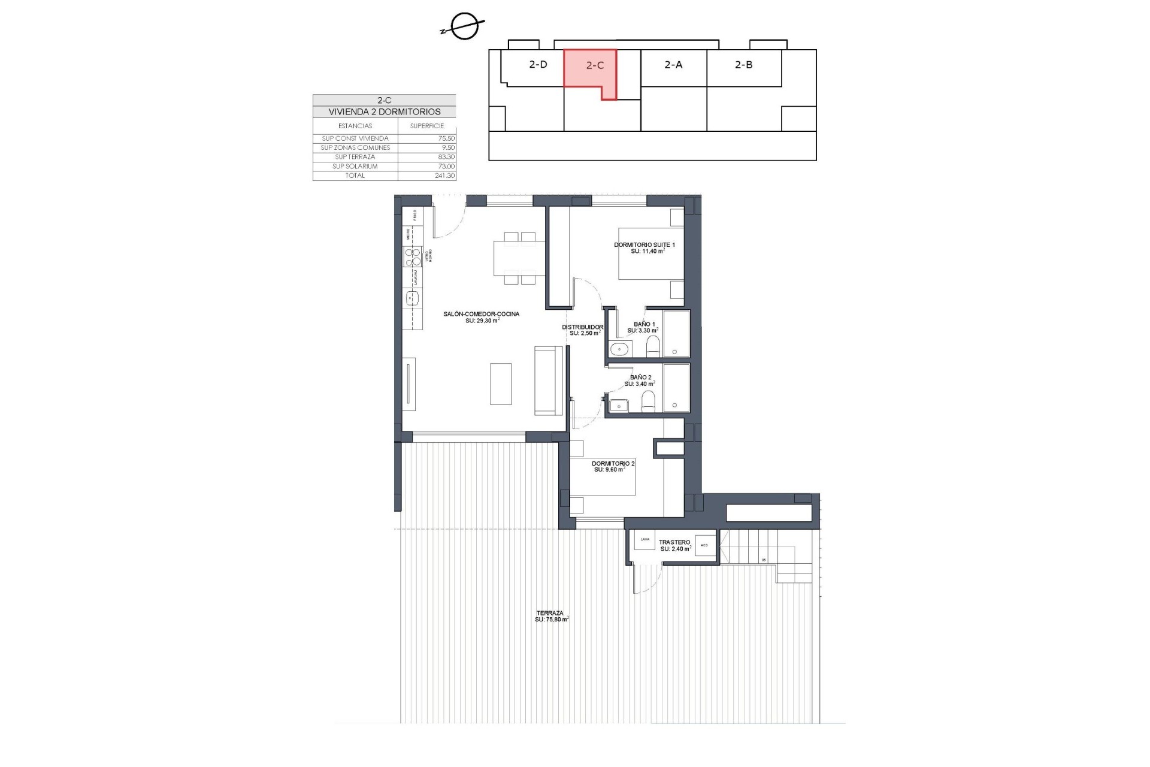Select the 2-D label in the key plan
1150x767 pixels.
click(538, 64)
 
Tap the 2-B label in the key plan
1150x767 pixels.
click(743, 64)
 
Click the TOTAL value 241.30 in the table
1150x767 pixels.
click(444, 176)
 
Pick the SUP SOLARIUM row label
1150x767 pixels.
click(355, 166)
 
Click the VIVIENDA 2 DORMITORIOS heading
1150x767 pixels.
click(384, 111)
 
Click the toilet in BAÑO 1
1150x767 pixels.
click(653, 346)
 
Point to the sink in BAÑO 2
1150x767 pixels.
click(618, 406)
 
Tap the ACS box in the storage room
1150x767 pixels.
click(704, 545)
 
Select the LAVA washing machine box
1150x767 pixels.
click(645, 540)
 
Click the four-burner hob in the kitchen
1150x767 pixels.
click(413, 257)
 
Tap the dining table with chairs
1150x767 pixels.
click(519, 258)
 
